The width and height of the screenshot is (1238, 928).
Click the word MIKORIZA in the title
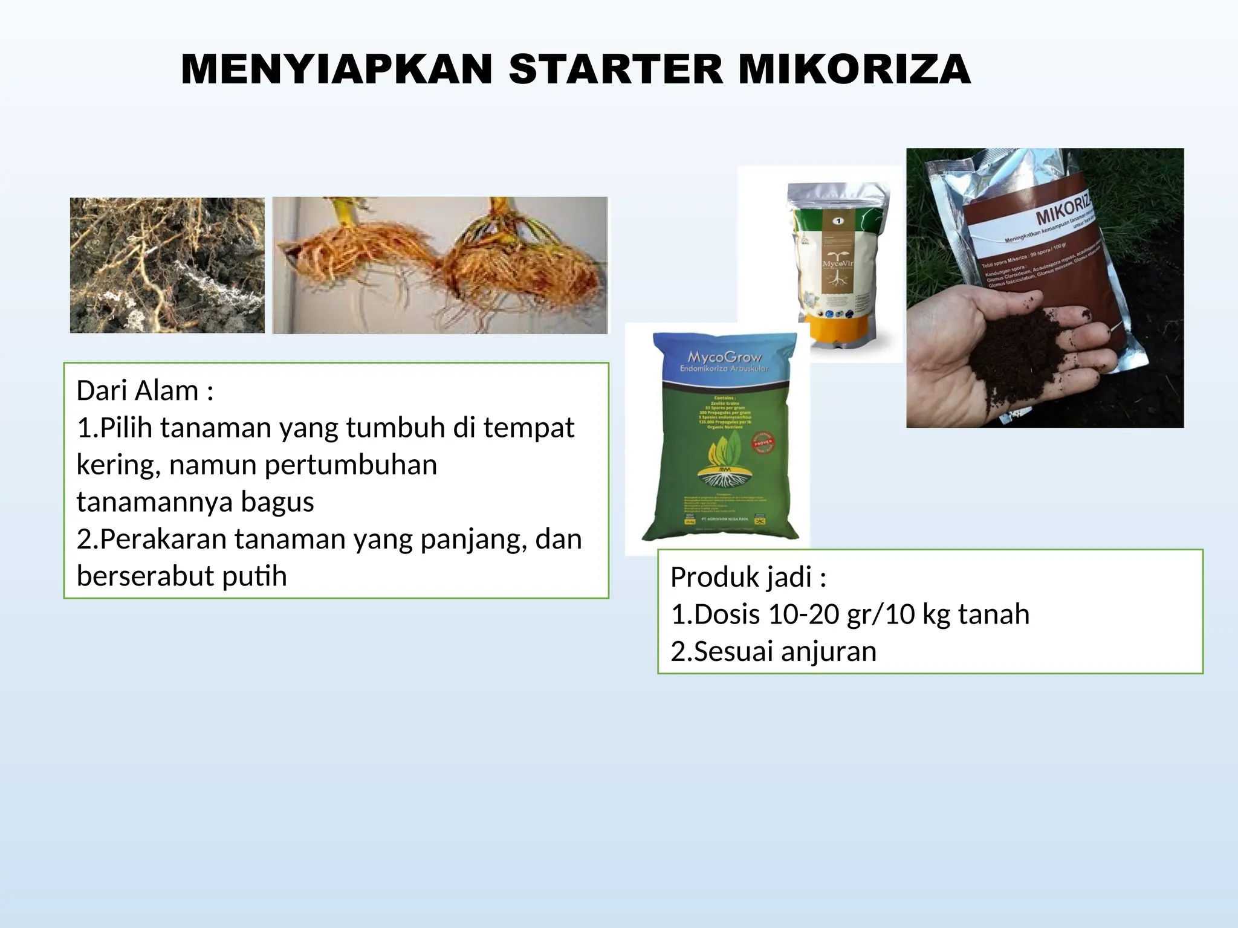[x=854, y=69]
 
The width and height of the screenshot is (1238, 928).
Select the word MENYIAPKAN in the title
[x=337, y=69]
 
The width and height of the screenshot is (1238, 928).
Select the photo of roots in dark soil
[x=167, y=265]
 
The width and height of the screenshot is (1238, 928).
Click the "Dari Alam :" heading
[x=144, y=391]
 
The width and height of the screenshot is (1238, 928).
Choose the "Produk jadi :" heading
[x=748, y=577]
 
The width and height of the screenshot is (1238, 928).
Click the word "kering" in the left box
[x=118, y=465]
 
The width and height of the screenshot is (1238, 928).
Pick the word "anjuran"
[x=828, y=651]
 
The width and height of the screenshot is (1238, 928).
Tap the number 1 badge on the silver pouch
[x=838, y=221]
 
